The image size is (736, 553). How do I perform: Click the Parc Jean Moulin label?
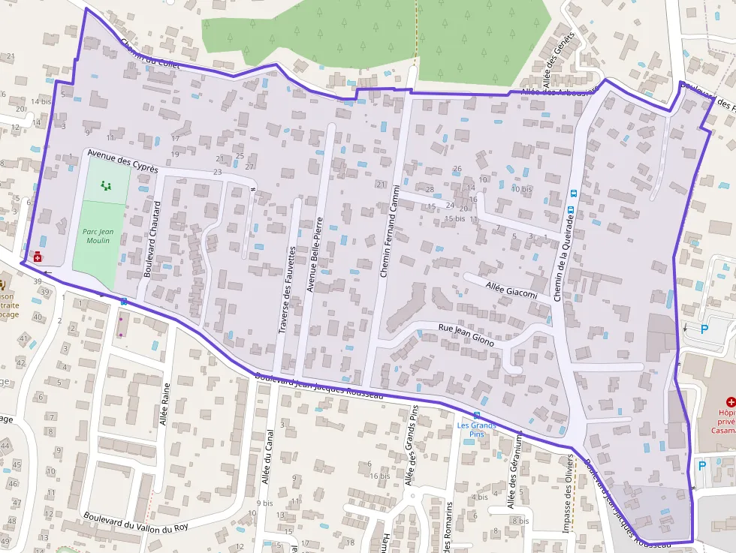[x=97, y=236]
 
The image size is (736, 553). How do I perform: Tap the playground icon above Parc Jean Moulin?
[x=105, y=184]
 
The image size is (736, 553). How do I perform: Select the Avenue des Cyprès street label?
[x=122, y=161]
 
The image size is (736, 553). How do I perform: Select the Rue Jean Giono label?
[x=466, y=334]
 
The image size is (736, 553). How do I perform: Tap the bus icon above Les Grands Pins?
[x=476, y=415]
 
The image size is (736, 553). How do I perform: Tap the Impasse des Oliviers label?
[x=568, y=494]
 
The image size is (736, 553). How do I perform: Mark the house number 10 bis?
[x=521, y=189]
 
